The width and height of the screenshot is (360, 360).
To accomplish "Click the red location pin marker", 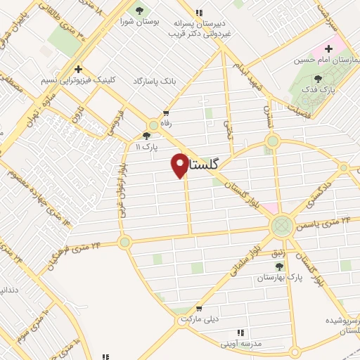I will [x=180, y=165].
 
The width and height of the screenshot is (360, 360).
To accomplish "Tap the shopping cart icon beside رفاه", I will [x=166, y=112].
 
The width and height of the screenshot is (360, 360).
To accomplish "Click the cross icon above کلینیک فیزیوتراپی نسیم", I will [x=79, y=70].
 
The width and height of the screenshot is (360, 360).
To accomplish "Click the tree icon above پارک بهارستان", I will [x=280, y=266].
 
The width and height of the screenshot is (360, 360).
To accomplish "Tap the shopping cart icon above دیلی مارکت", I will [x=200, y=308].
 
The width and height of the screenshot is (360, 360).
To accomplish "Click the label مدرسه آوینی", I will [x=241, y=344].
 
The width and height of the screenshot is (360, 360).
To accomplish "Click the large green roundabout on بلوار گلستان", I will [x=281, y=226].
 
